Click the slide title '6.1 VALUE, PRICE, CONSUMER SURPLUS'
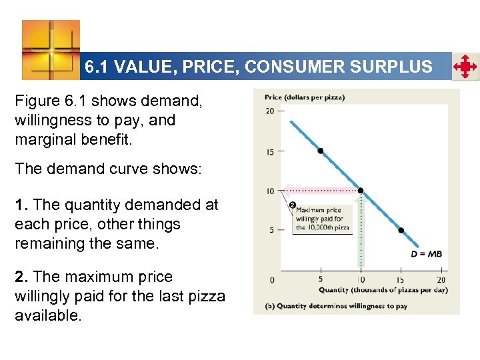(x=259, y=67)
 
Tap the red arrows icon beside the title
(x=465, y=67)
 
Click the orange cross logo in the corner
(x=51, y=49)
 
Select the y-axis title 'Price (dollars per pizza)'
(x=304, y=97)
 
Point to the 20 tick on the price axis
(x=270, y=111)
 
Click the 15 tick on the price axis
(x=270, y=151)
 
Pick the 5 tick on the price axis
(x=271, y=230)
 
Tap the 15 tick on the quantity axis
(x=401, y=279)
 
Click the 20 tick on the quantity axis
(x=441, y=279)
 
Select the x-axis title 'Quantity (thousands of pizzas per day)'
(x=383, y=290)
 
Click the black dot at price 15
(x=321, y=151)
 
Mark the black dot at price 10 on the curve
(x=361, y=191)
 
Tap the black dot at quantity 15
(x=401, y=230)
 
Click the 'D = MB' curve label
(x=426, y=253)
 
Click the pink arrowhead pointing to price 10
(x=285, y=189)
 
